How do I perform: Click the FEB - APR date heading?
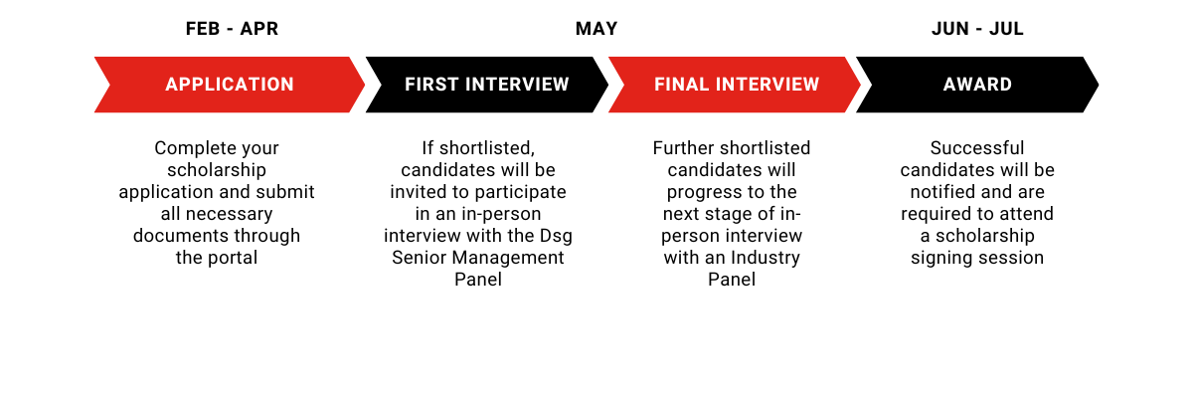click(x=232, y=29)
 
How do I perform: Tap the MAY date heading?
click(x=596, y=29)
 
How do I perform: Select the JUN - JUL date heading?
click(x=977, y=29)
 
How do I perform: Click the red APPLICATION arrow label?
click(x=230, y=85)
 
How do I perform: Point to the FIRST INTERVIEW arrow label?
click(x=487, y=85)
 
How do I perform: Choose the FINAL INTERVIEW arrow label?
click(x=737, y=85)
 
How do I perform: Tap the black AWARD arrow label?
click(x=977, y=85)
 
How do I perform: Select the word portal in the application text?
click(x=232, y=258)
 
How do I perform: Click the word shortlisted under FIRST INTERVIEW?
click(x=487, y=148)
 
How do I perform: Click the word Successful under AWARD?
click(x=977, y=148)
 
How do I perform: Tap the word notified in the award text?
click(x=941, y=192)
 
